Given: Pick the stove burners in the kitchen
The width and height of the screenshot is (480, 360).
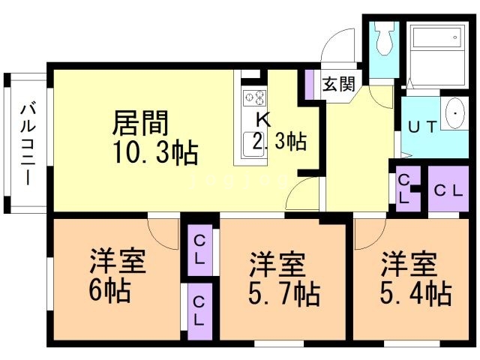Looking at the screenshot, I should (x=254, y=97).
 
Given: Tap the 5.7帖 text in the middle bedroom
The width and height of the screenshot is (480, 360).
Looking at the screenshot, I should (x=283, y=292).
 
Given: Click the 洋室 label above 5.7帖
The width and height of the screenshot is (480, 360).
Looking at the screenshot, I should (x=277, y=265).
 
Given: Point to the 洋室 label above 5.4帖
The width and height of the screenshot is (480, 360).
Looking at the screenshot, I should (x=409, y=263).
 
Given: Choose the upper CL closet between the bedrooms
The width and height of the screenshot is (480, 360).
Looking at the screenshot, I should (x=199, y=248).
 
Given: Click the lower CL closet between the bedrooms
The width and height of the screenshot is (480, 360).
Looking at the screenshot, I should (x=199, y=309).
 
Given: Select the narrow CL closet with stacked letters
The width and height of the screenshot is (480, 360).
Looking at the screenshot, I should (x=404, y=189).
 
